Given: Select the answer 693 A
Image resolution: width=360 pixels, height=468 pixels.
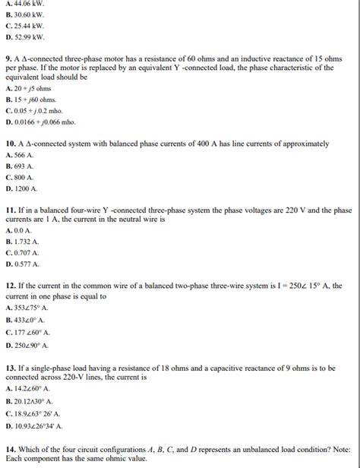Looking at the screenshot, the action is pos(21,166).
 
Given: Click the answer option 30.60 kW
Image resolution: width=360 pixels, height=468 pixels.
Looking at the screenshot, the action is pos(25,14).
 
